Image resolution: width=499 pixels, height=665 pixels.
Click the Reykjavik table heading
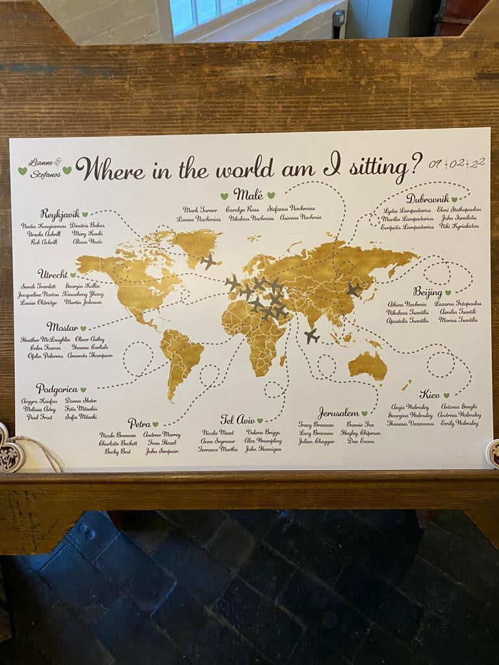coord(60,214)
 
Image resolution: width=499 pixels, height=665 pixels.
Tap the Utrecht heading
coord(53,274)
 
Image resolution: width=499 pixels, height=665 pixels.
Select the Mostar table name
coord(62,327)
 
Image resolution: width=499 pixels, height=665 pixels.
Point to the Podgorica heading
coord(57,389)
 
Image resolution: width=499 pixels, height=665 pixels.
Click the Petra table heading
coord(139,423)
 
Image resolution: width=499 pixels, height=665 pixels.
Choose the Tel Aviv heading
coord(237,420)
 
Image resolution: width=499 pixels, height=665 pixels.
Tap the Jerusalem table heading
coord(339,413)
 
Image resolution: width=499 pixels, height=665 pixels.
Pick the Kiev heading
coord(429,394)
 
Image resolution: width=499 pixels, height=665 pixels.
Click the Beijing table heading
coord(428,292)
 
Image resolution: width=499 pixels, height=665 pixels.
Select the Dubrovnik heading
coord(428,199)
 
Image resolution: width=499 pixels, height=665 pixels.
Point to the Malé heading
coord(248,194)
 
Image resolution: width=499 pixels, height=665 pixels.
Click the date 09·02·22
coord(456,163)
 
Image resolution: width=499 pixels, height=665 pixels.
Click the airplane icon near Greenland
coord(209,261)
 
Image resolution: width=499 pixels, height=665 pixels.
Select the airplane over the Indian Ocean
coord(312,336)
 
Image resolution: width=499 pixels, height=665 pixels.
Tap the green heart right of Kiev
coord(446,395)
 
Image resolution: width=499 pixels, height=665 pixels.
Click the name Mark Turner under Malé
coord(200,210)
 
